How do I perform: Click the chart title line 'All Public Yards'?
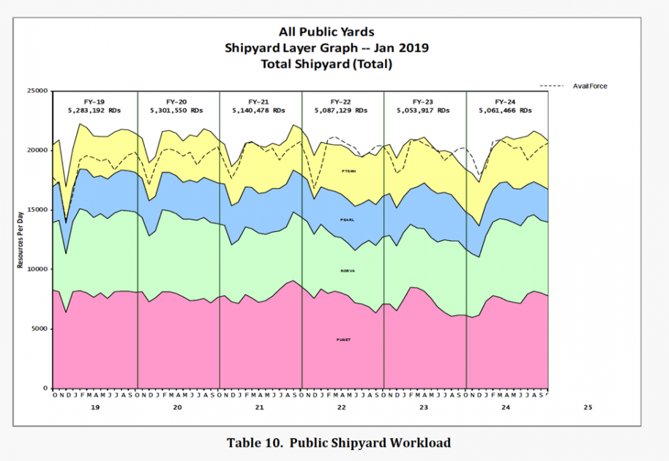click(x=326, y=31)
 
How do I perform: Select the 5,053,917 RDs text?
click(x=424, y=110)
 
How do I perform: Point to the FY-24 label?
click(x=505, y=102)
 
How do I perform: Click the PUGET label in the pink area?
click(x=343, y=340)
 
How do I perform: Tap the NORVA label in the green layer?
click(x=348, y=271)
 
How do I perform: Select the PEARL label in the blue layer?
click(x=348, y=220)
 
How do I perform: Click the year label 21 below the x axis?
click(x=259, y=407)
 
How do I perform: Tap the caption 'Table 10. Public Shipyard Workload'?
click(x=338, y=443)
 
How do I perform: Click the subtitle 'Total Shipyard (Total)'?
click(x=326, y=64)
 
